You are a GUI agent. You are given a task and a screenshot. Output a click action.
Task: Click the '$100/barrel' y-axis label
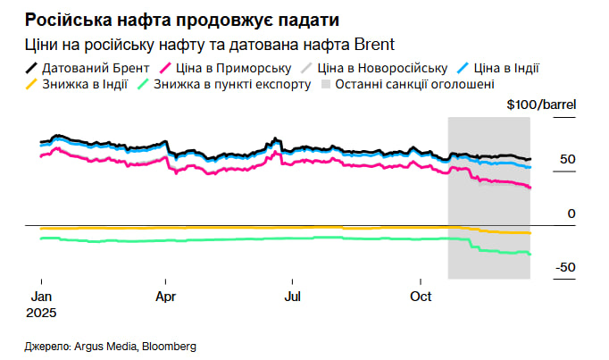pos(541,105)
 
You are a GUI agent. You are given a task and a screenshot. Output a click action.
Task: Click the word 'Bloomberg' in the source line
pos(169,346)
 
